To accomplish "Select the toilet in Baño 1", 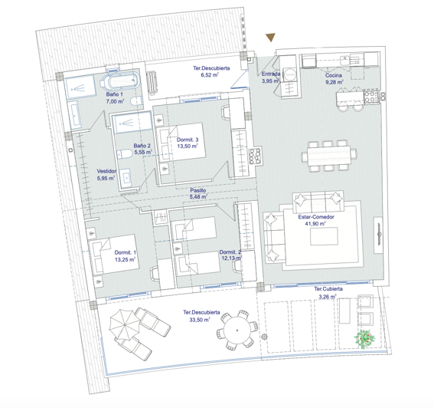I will [x=135, y=102].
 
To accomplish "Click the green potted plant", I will [x=367, y=337].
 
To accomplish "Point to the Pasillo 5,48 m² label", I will [x=198, y=193].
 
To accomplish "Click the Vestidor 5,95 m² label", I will [x=106, y=175].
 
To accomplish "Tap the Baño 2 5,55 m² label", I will [x=142, y=149].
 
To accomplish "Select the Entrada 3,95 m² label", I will [x=272, y=77].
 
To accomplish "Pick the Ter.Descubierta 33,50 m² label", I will [x=203, y=316].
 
